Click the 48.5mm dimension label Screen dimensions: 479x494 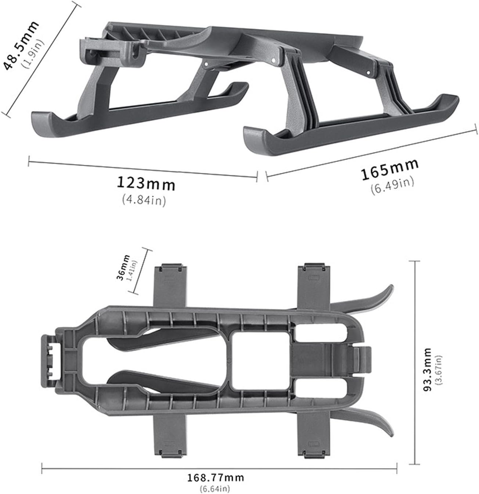21,45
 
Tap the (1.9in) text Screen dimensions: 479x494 33,53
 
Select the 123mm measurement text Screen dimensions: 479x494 146,184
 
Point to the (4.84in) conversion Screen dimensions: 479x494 144,200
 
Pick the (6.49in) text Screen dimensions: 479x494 392,185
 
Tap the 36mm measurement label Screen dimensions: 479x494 123,267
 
